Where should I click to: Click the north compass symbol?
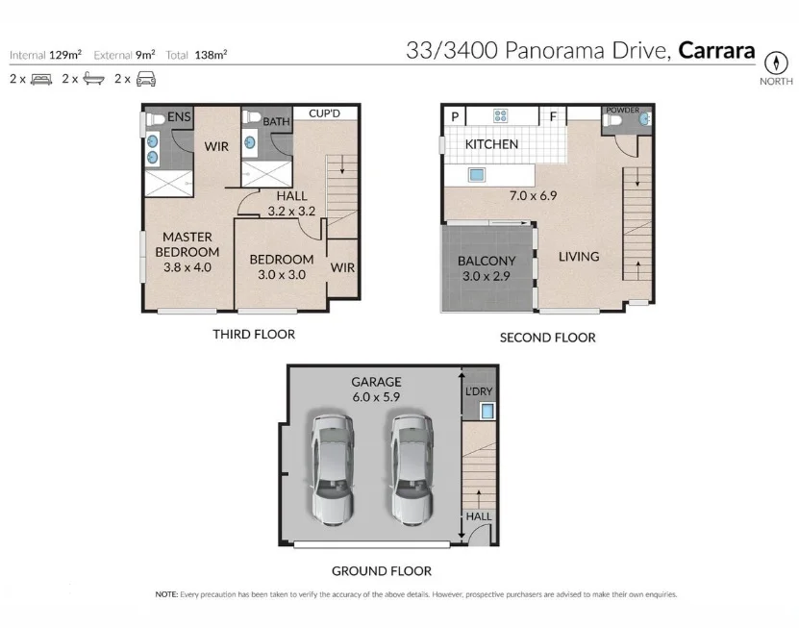776,63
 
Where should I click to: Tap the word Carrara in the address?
716,50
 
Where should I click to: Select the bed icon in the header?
41,79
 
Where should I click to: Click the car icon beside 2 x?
146,79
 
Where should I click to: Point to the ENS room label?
179,116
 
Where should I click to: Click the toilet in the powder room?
612,120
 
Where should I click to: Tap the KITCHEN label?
491,144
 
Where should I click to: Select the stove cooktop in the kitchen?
500,115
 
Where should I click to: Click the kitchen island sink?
477,175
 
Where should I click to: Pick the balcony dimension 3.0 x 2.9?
487,276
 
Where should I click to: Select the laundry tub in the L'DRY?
487,411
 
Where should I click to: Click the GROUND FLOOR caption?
382,571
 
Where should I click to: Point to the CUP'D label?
325,113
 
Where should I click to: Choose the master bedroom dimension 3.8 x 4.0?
187,267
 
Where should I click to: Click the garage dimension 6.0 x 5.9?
376,396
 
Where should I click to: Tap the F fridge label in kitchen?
553,116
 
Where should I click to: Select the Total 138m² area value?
197,55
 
